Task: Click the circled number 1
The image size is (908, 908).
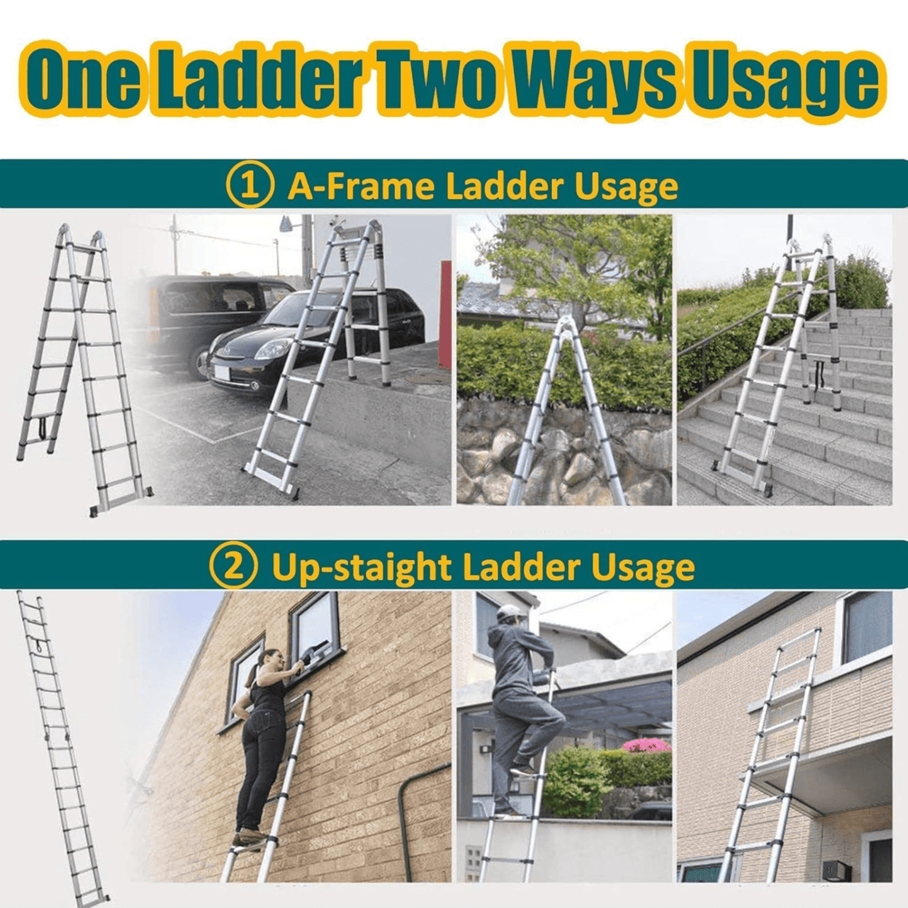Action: click(250, 185)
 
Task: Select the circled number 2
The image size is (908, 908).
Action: click(234, 565)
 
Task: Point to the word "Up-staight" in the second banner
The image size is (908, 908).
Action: click(361, 567)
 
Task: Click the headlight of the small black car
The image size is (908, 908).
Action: click(273, 349)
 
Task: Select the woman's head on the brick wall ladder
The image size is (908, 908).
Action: click(270, 661)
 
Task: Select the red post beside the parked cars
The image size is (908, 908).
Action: click(446, 314)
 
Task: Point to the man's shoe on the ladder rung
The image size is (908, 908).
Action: click(523, 771)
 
